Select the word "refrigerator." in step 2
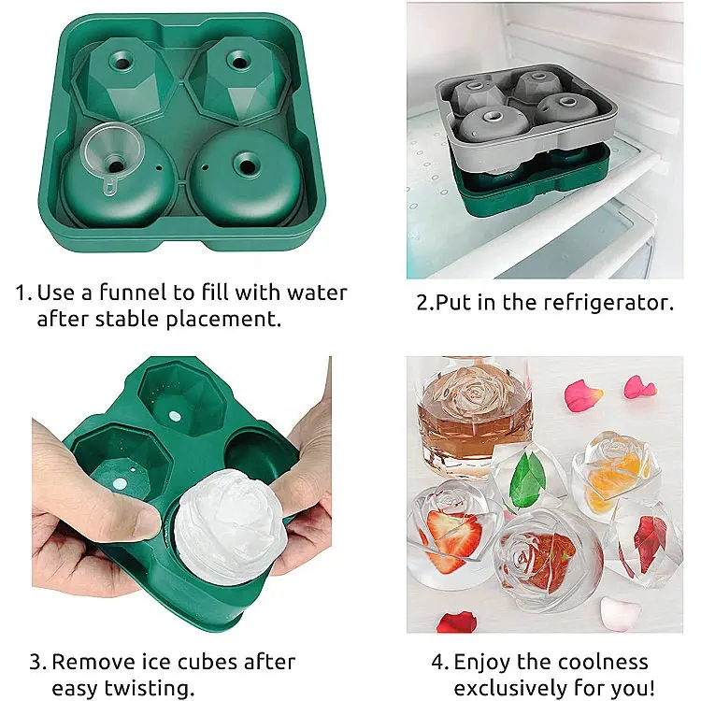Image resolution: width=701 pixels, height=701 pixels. [x=608, y=302]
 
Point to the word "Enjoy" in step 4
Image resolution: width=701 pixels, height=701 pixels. [x=481, y=663]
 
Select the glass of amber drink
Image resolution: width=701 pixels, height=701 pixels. [x=475, y=417]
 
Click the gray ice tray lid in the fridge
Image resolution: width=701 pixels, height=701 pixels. [x=526, y=115]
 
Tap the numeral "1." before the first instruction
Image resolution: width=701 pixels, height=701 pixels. [x=23, y=293]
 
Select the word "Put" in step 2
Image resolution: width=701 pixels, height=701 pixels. [x=450, y=303]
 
